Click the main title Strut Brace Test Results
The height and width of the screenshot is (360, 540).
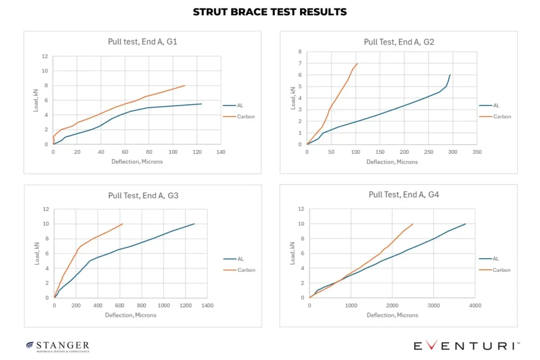click(269, 12)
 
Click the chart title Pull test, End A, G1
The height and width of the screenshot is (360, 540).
click(142, 42)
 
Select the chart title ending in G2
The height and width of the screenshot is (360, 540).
click(399, 42)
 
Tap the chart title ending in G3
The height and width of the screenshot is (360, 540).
click(143, 196)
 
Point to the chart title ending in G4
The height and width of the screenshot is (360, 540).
click(403, 195)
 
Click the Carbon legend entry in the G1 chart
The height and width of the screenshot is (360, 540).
click(239, 116)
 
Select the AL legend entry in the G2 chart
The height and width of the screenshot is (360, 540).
click(489, 105)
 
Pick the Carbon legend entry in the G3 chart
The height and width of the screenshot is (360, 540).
click(239, 270)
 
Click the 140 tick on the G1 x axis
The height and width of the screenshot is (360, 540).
click(221, 152)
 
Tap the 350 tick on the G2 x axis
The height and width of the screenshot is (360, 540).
click(477, 152)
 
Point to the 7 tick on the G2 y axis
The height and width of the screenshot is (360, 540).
click(300, 63)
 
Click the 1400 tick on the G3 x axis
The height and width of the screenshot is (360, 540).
click(207, 305)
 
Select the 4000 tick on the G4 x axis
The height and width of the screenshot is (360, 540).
click(475, 305)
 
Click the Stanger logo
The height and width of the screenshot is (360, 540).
click(58, 347)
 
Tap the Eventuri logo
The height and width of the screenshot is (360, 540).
click(467, 345)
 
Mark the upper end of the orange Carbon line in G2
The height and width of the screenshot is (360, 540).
click(358, 63)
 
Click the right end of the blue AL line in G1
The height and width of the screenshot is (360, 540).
click(202, 104)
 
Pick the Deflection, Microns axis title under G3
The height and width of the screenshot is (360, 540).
click(131, 315)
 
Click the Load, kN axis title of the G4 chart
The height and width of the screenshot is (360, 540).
click(292, 254)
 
